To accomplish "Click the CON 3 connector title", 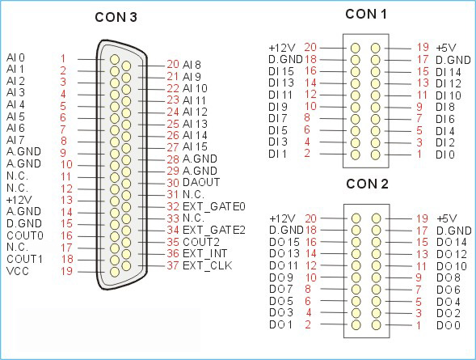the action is (116, 17).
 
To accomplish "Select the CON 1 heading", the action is (366, 14).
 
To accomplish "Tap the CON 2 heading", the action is (367, 184).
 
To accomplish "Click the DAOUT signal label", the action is (201, 182).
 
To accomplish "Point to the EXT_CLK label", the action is (208, 266).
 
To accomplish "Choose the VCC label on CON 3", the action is (18, 271).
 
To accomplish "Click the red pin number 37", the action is (173, 265).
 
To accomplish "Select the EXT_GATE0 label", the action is (214, 207).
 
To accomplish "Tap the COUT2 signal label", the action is (201, 242).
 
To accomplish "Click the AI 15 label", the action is (195, 146).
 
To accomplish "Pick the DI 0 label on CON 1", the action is (445, 155).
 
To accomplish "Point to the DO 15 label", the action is (284, 242).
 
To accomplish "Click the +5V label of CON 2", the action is (447, 218).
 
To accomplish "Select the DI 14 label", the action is (449, 72).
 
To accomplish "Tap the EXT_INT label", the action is (205, 254).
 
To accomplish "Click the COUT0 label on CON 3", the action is (25, 235).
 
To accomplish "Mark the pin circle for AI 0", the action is (115, 59).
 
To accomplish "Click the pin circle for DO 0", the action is (376, 324).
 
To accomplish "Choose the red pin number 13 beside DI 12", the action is (423, 83).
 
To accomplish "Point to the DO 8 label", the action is (449, 277).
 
